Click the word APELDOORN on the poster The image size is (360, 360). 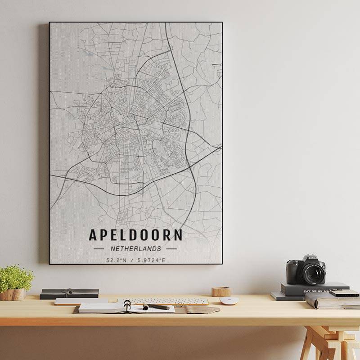pyautogui.click(x=135, y=235)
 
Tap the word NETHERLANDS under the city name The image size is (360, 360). pyautogui.click(x=135, y=248)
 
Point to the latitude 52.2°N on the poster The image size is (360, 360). pyautogui.click(x=116, y=260)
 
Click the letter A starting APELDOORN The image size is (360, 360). pyautogui.click(x=93, y=235)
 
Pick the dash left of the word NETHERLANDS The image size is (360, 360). pyautogui.click(x=99, y=248)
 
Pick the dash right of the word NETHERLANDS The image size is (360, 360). pyautogui.click(x=171, y=248)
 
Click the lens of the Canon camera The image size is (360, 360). pyautogui.click(x=313, y=273)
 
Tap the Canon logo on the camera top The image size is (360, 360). pyautogui.click(x=312, y=258)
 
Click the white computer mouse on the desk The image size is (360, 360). pyautogui.click(x=229, y=300)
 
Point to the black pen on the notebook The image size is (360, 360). pyautogui.click(x=157, y=307)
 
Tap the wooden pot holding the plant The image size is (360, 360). pyautogui.click(x=13, y=294)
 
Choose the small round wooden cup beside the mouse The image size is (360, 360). pyautogui.click(x=221, y=292)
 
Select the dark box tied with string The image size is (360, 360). pyautogui.click(x=69, y=293)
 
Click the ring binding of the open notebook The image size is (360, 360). pyautogui.click(x=127, y=305)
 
